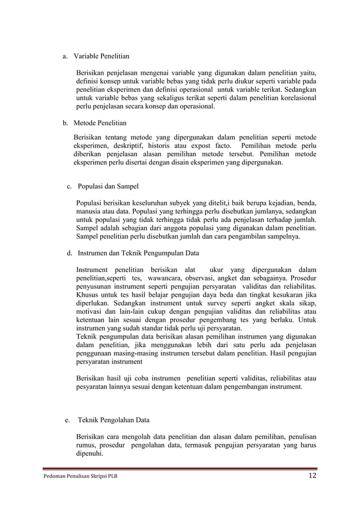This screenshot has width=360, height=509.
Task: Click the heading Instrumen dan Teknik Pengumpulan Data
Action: pos(138,253)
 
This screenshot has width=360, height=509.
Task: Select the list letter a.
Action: pos(65,56)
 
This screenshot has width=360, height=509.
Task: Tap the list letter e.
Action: pos(67,420)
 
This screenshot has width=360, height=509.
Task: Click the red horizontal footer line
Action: pos(180,468)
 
